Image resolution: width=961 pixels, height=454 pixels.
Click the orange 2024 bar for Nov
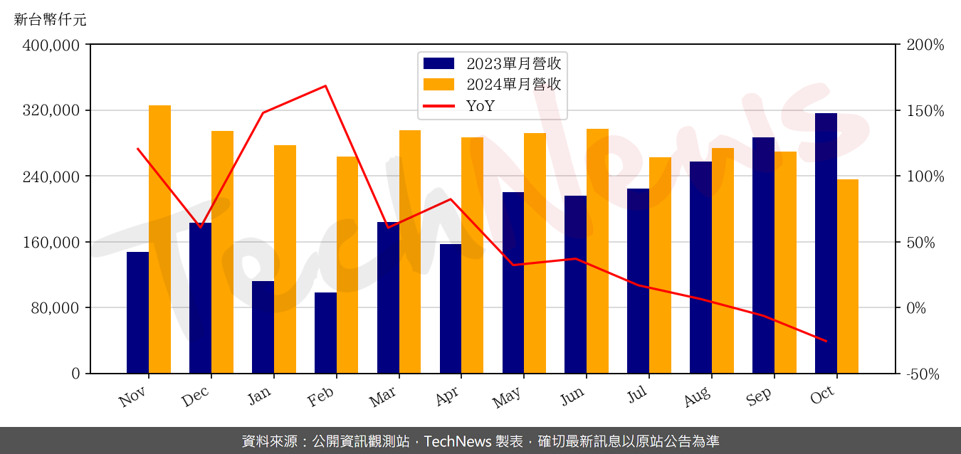159,239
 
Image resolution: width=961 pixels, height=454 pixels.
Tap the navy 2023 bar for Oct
826,243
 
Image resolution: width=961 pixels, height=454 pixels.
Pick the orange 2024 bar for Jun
597,250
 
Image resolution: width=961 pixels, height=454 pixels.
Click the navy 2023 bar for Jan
263,327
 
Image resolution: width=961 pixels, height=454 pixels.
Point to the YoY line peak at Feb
325,86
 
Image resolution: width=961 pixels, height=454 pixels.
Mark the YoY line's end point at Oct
826,341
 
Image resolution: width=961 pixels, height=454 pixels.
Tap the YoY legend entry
480,106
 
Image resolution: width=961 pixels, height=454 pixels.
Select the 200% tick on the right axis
925,46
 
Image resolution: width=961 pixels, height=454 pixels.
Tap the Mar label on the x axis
383,397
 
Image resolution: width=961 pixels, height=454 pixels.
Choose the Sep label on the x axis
759,397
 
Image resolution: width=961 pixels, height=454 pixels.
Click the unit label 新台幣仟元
50,20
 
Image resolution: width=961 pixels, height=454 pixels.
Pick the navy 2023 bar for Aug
700,268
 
